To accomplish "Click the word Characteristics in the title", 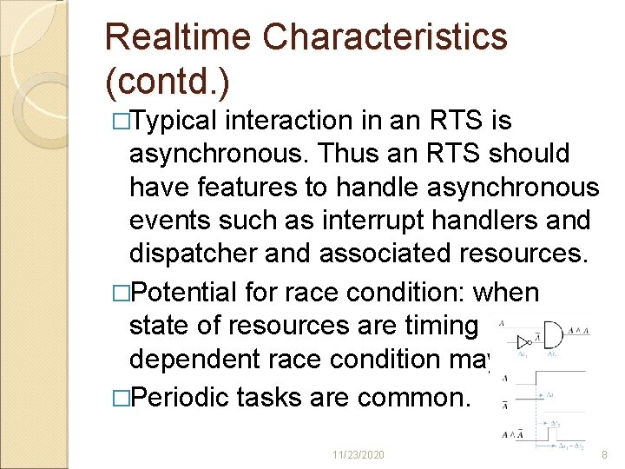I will (x=385, y=36).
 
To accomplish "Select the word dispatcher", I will (x=188, y=253).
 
